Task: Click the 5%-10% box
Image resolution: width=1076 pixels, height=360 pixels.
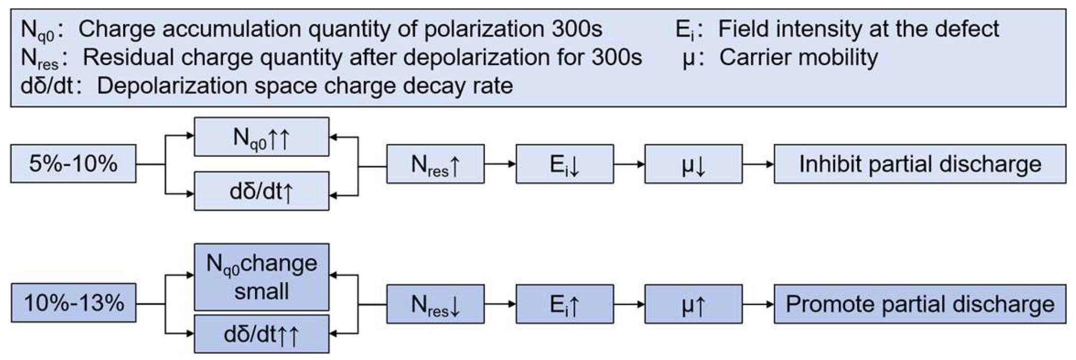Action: [x=73, y=164]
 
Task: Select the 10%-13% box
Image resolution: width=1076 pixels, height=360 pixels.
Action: [x=73, y=304]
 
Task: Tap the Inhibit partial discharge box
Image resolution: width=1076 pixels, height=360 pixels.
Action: [x=919, y=164]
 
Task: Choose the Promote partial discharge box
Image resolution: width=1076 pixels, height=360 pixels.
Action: [x=919, y=304]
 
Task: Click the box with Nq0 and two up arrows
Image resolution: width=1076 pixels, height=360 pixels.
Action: [x=261, y=137]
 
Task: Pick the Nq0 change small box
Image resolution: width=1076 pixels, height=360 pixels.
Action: [x=261, y=277]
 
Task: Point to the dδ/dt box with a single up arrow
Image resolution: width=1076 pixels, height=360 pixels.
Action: [x=261, y=192]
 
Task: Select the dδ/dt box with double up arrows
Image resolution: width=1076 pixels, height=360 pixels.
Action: [x=261, y=334]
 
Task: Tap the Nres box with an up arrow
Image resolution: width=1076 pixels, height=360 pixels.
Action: [x=435, y=164]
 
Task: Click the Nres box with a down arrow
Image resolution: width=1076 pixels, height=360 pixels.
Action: [x=435, y=305]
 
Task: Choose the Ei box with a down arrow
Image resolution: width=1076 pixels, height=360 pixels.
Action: [x=565, y=164]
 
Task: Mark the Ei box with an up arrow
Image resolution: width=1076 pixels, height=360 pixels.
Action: [x=565, y=305]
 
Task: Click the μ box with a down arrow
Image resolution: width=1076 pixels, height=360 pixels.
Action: [x=693, y=164]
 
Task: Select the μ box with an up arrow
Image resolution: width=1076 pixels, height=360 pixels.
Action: [x=693, y=305]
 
